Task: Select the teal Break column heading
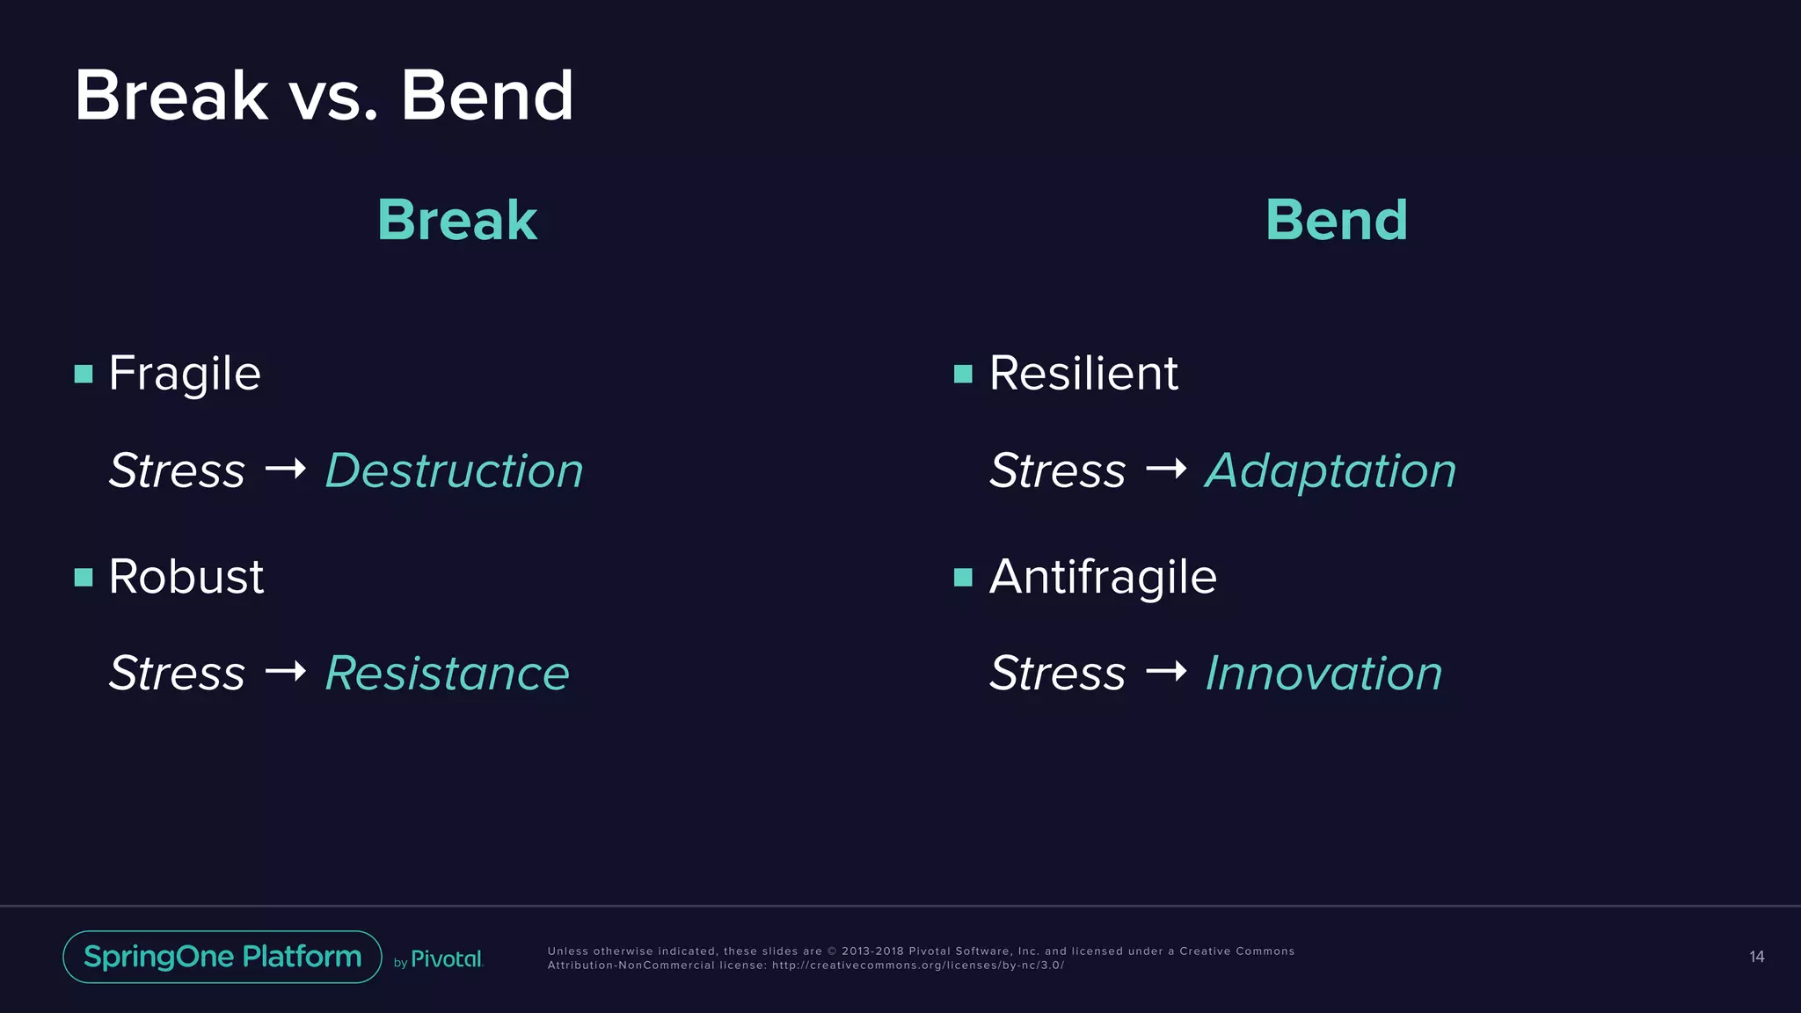(x=456, y=220)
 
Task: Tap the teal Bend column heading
(x=1336, y=220)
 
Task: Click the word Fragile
(x=185, y=374)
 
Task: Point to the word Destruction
(x=454, y=470)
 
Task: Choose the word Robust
(x=186, y=577)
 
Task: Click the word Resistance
(x=447, y=674)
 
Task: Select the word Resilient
(x=1083, y=374)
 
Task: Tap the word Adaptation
(x=1330, y=471)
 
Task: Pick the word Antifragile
(x=1103, y=578)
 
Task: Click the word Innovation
(x=1323, y=674)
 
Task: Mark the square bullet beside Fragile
(x=84, y=375)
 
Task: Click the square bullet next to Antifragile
(x=963, y=578)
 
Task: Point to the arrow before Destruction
(x=286, y=470)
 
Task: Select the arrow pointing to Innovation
(x=1166, y=673)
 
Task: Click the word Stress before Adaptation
(x=1057, y=470)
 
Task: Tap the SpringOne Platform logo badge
(x=222, y=957)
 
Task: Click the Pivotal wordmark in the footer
(x=446, y=959)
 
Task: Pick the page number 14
(x=1756, y=957)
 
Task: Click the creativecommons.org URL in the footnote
(x=917, y=966)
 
